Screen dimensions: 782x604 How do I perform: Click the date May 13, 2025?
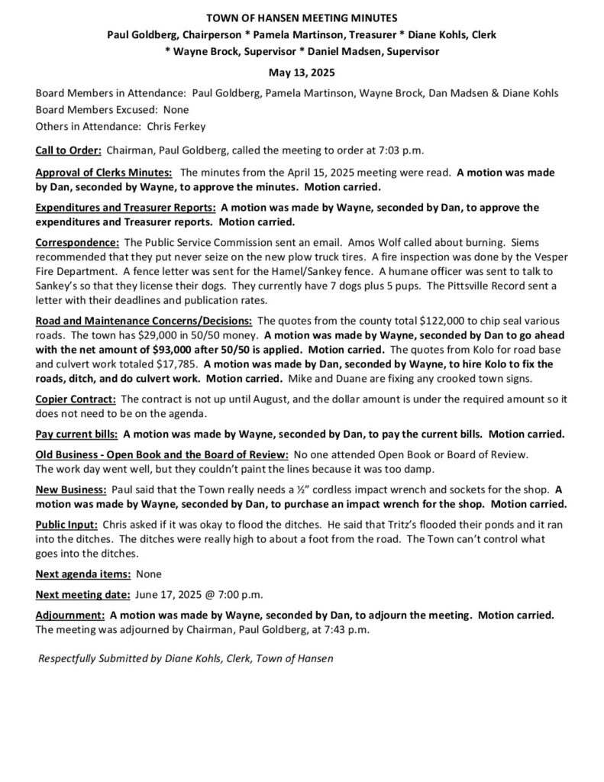point(302,73)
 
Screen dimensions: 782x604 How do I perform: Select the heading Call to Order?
point(69,150)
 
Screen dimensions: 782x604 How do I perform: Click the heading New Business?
point(72,489)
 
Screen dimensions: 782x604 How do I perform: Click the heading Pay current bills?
point(77,435)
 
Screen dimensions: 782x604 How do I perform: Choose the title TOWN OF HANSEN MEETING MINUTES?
point(302,18)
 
